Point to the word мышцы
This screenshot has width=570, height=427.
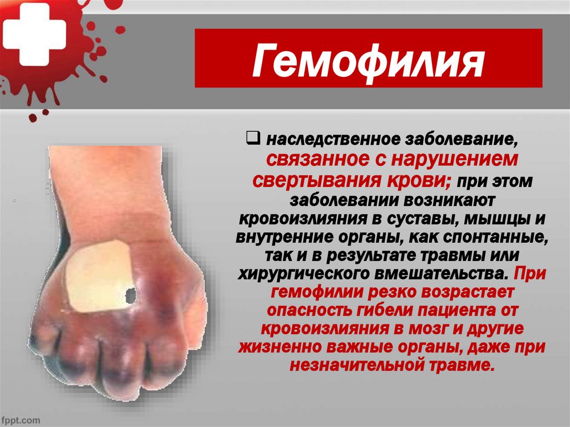(494, 218)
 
